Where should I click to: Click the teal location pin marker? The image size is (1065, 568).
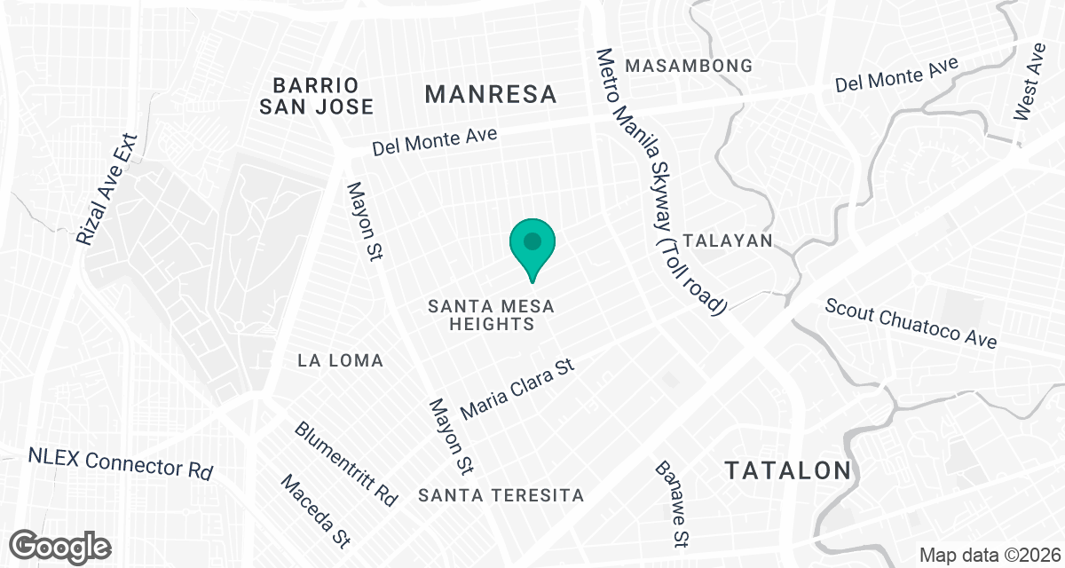(532, 244)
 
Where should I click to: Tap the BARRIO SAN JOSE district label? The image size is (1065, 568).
(316, 96)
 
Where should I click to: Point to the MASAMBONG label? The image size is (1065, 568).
(689, 66)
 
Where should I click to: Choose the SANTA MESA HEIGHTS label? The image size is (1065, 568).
(491, 315)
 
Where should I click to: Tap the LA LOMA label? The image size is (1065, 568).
(341, 360)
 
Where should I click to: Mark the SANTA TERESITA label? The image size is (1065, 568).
(502, 495)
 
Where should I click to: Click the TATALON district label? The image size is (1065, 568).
(788, 470)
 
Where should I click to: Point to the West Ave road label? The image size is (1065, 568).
(1031, 91)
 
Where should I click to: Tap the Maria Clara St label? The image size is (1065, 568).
(519, 389)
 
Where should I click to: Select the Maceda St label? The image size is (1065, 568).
(315, 510)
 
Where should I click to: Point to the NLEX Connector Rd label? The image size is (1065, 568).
(121, 462)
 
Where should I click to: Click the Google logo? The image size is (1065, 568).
(61, 545)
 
